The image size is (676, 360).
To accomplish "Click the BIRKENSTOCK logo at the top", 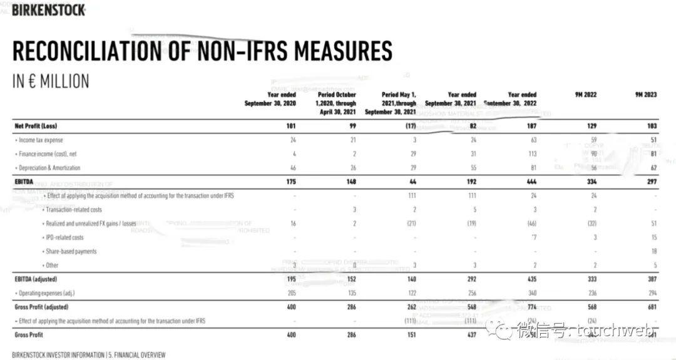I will coord(48,10).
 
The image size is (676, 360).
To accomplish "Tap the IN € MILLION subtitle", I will coord(51,81).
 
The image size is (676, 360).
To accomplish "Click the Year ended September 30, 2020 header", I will coord(270,99).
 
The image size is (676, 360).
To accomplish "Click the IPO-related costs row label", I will coord(64,237).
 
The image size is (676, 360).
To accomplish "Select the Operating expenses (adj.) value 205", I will coord(290,292).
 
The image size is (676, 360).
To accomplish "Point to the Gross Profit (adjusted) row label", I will coord(41,307).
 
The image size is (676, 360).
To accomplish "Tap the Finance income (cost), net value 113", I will coord(531,154).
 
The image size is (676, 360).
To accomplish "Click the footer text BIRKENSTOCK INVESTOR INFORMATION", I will coord(58,354).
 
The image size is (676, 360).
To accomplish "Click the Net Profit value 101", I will coord(290,126).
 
